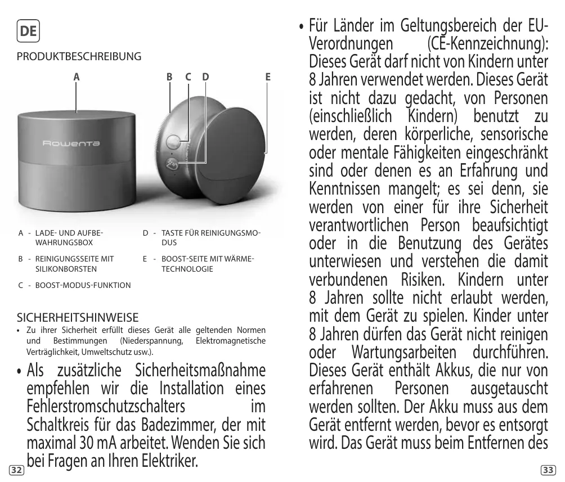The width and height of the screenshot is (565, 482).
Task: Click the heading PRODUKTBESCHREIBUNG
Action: pos(79,57)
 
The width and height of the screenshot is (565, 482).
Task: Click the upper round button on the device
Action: pos(174,140)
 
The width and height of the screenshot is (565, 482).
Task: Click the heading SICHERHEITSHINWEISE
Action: pos(78,317)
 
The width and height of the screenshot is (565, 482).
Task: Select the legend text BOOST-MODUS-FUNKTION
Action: pos(83,285)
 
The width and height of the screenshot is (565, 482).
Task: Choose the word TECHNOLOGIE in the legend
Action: pos(187,269)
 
